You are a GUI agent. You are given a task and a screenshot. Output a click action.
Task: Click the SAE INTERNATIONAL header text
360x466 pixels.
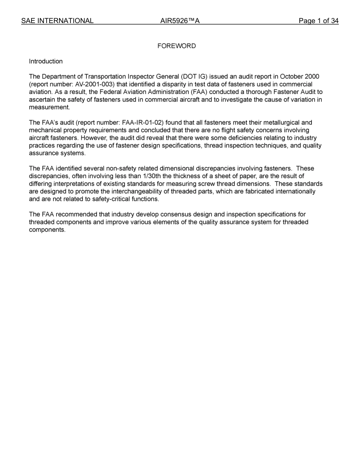pyautogui.click(x=57, y=21)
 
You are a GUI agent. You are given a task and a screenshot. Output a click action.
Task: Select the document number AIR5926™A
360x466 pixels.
pyautogui.click(x=180, y=21)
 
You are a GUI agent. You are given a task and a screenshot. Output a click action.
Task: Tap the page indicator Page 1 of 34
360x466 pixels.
pyautogui.click(x=318, y=21)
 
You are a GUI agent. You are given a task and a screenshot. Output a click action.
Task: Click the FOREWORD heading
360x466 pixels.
pyautogui.click(x=177, y=46)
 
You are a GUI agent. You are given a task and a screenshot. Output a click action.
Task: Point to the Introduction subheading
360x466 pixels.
pyautogui.click(x=46, y=61)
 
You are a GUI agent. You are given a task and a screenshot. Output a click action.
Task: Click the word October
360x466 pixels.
pyautogui.click(x=291, y=77)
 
